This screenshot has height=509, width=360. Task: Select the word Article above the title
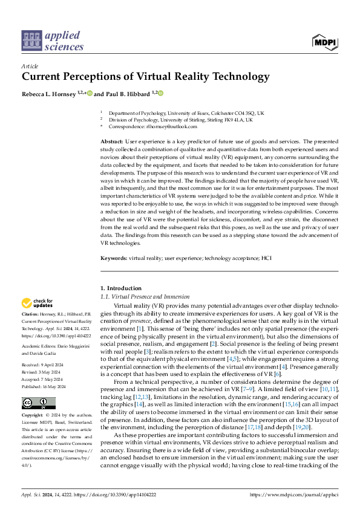tap(29, 66)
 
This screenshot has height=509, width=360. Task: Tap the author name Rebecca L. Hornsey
tap(50, 94)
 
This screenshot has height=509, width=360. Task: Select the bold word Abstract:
tap(111, 141)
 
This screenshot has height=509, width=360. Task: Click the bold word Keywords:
tap(113, 258)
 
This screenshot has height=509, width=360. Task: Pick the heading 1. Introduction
tap(121, 288)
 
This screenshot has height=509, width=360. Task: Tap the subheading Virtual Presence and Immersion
tap(151, 297)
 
